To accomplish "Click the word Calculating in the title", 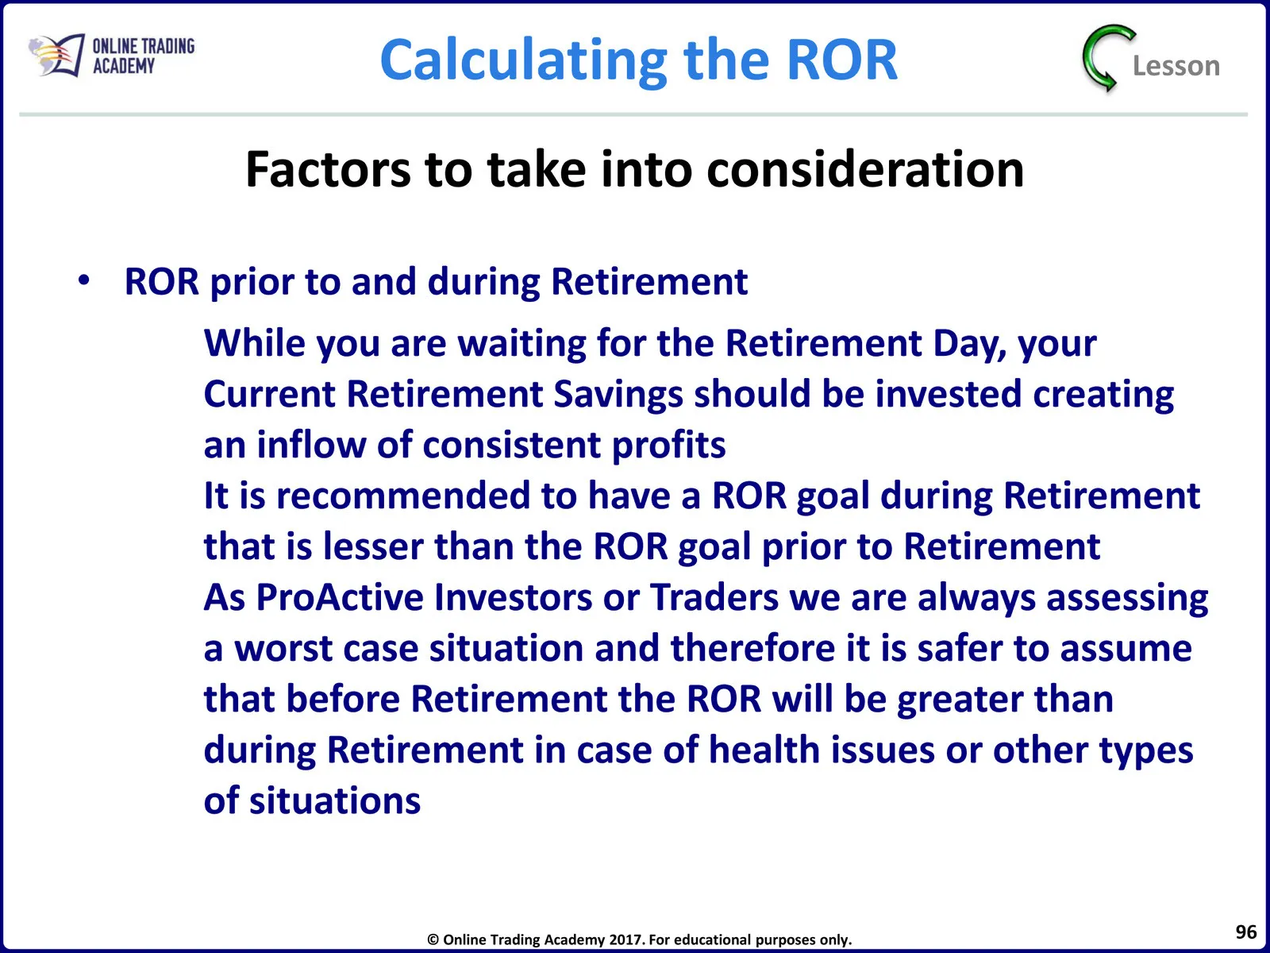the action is pos(524,61).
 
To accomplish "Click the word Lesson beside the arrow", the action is pos(1176,66).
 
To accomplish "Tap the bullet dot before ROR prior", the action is pos(84,280).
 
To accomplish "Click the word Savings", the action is pos(618,395).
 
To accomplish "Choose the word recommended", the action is pos(403,496).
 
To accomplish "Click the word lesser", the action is pos(374,547).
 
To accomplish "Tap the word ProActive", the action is pos(341,597).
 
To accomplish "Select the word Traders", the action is pos(714,597).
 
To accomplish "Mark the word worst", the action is pos(283,648).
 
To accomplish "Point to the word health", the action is pos(764,750).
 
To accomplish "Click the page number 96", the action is pos(1246,932).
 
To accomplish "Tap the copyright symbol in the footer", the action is pos(433,940).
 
